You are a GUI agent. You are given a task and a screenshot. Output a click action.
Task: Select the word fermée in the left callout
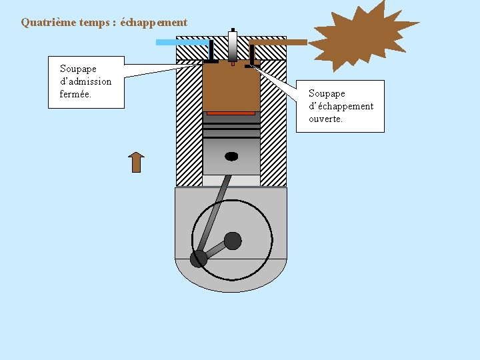[x=75, y=94]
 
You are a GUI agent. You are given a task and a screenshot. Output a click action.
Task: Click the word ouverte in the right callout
[x=325, y=119]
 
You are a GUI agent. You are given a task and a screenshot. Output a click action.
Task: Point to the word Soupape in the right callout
[x=327, y=93]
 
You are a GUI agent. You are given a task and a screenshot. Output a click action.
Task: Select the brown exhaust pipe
[x=280, y=42]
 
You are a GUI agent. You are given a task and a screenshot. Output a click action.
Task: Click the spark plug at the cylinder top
[x=232, y=47]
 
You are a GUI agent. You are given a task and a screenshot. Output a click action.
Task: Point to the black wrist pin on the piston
[x=231, y=156]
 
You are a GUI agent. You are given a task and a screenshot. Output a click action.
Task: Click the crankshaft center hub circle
[x=233, y=240]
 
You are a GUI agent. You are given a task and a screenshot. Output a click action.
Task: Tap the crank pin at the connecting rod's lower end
[x=199, y=259]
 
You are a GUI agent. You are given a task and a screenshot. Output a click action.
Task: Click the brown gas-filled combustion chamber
[x=231, y=87]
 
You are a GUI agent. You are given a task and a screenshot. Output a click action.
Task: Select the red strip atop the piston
[x=231, y=113]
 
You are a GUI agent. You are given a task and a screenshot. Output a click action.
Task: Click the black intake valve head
[x=211, y=62]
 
